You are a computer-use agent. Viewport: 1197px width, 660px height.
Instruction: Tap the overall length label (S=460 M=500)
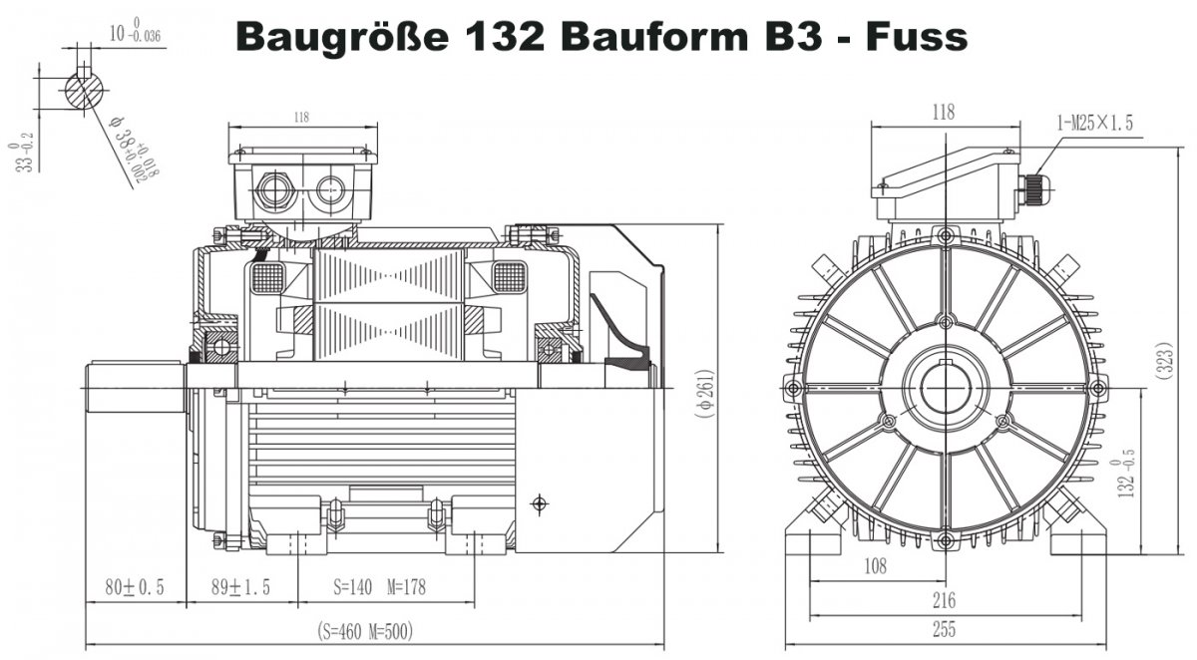point(365,631)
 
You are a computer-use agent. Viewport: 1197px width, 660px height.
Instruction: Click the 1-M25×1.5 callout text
point(1094,124)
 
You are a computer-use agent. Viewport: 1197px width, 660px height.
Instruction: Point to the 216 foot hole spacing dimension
point(943,600)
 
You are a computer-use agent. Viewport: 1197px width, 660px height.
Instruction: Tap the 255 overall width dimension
point(943,630)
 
